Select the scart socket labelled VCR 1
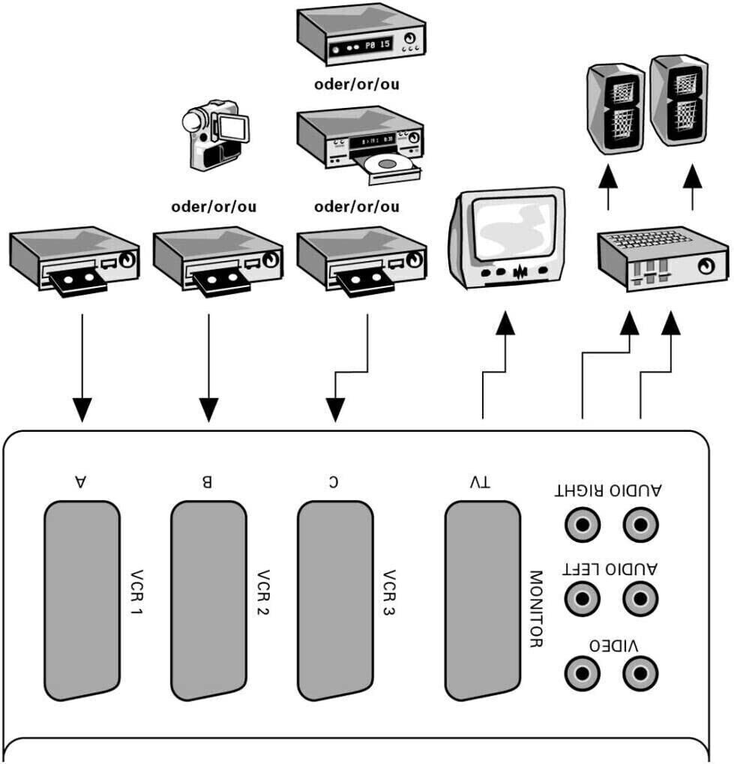pyautogui.click(x=82, y=600)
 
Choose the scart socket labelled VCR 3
pyautogui.click(x=335, y=600)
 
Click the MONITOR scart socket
pyautogui.click(x=483, y=600)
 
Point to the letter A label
pyautogui.click(x=80, y=482)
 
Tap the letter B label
pyautogui.click(x=208, y=482)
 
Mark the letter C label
pyautogui.click(x=333, y=482)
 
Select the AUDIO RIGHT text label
pyautogui.click(x=608, y=492)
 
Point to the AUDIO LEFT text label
pyautogui.click(x=610, y=569)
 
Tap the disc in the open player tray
pyautogui.click(x=396, y=163)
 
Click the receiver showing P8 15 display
pyautogui.click(x=360, y=38)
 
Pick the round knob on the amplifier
pyautogui.click(x=706, y=266)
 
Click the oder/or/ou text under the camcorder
pyautogui.click(x=213, y=206)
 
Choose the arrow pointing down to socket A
pyautogui.click(x=82, y=409)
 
